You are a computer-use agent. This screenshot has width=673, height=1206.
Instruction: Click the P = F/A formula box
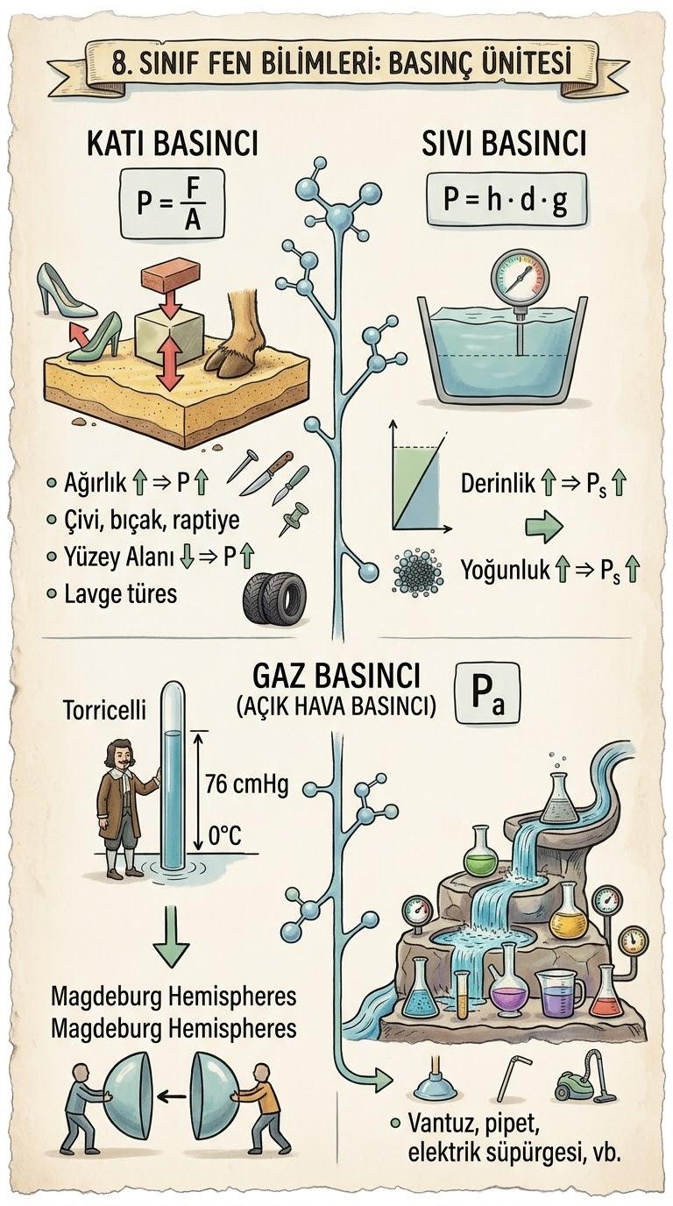click(172, 204)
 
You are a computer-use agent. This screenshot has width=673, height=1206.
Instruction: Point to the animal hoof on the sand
click(232, 340)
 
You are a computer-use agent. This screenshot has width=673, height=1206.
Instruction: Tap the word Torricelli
click(105, 710)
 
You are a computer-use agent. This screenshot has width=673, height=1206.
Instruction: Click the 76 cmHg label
click(247, 785)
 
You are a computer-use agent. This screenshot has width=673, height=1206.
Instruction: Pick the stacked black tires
click(274, 599)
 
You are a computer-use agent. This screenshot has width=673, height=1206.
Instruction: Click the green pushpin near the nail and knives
click(294, 519)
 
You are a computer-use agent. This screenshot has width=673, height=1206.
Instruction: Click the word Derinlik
click(498, 484)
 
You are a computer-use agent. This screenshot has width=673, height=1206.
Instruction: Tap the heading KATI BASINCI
click(173, 145)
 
